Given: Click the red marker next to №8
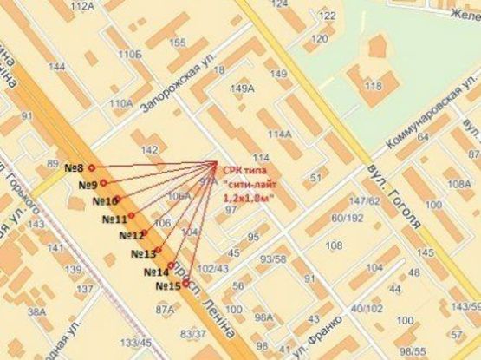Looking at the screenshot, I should pyautogui.click(x=91, y=167).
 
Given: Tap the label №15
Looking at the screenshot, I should pyautogui.click(x=167, y=285).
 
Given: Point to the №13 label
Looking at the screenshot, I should pyautogui.click(x=143, y=254).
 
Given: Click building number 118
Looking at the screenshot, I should pyautogui.click(x=374, y=86).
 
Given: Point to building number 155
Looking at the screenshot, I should pyautogui.click(x=178, y=43).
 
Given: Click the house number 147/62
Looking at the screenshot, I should pyautogui.click(x=364, y=201).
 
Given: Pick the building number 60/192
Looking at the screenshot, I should pyautogui.click(x=347, y=217).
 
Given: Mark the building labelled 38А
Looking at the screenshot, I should pyautogui.click(x=36, y=311).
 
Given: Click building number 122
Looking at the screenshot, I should pyautogui.click(x=327, y=16).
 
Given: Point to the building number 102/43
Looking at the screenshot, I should pyautogui.click(x=212, y=268).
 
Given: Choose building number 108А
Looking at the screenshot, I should pyautogui.click(x=459, y=184).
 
